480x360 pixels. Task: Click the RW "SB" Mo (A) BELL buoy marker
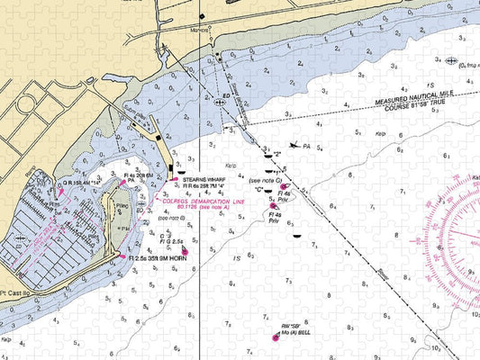[276, 337]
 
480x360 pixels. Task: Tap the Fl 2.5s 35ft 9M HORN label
[159, 258]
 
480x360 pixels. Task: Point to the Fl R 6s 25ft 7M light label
[203, 185]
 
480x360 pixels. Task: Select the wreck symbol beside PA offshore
[294, 145]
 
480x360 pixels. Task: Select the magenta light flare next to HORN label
[122, 256]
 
